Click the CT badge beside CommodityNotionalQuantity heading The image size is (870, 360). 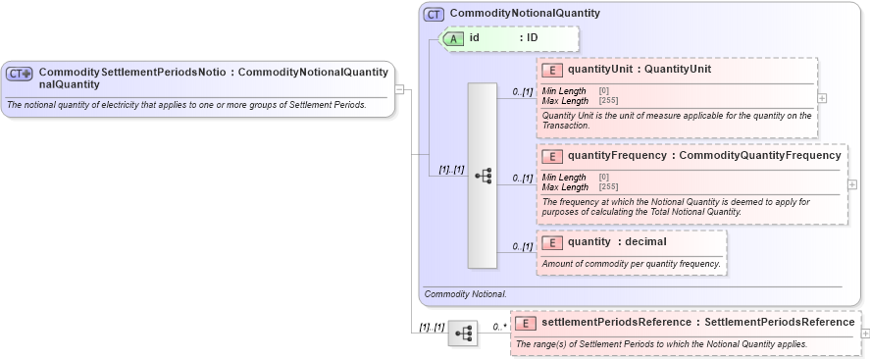[434, 15]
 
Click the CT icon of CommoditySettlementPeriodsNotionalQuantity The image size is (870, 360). [20, 74]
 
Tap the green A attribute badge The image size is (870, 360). [454, 38]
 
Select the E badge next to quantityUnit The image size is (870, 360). [551, 70]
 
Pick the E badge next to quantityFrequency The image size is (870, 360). [551, 156]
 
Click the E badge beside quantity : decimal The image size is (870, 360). [551, 242]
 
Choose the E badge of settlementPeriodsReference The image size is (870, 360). [526, 323]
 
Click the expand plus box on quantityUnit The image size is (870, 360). [822, 98]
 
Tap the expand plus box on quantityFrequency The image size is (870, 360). [852, 184]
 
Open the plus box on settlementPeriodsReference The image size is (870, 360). [865, 334]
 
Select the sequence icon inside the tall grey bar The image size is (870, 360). [483, 176]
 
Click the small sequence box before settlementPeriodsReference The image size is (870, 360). [462, 334]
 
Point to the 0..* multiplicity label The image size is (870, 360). [499, 326]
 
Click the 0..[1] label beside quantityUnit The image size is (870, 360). [522, 92]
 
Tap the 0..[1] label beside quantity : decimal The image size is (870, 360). [522, 246]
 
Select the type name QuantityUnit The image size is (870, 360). [678, 70]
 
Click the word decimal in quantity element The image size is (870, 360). [645, 242]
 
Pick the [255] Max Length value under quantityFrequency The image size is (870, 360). [608, 187]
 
